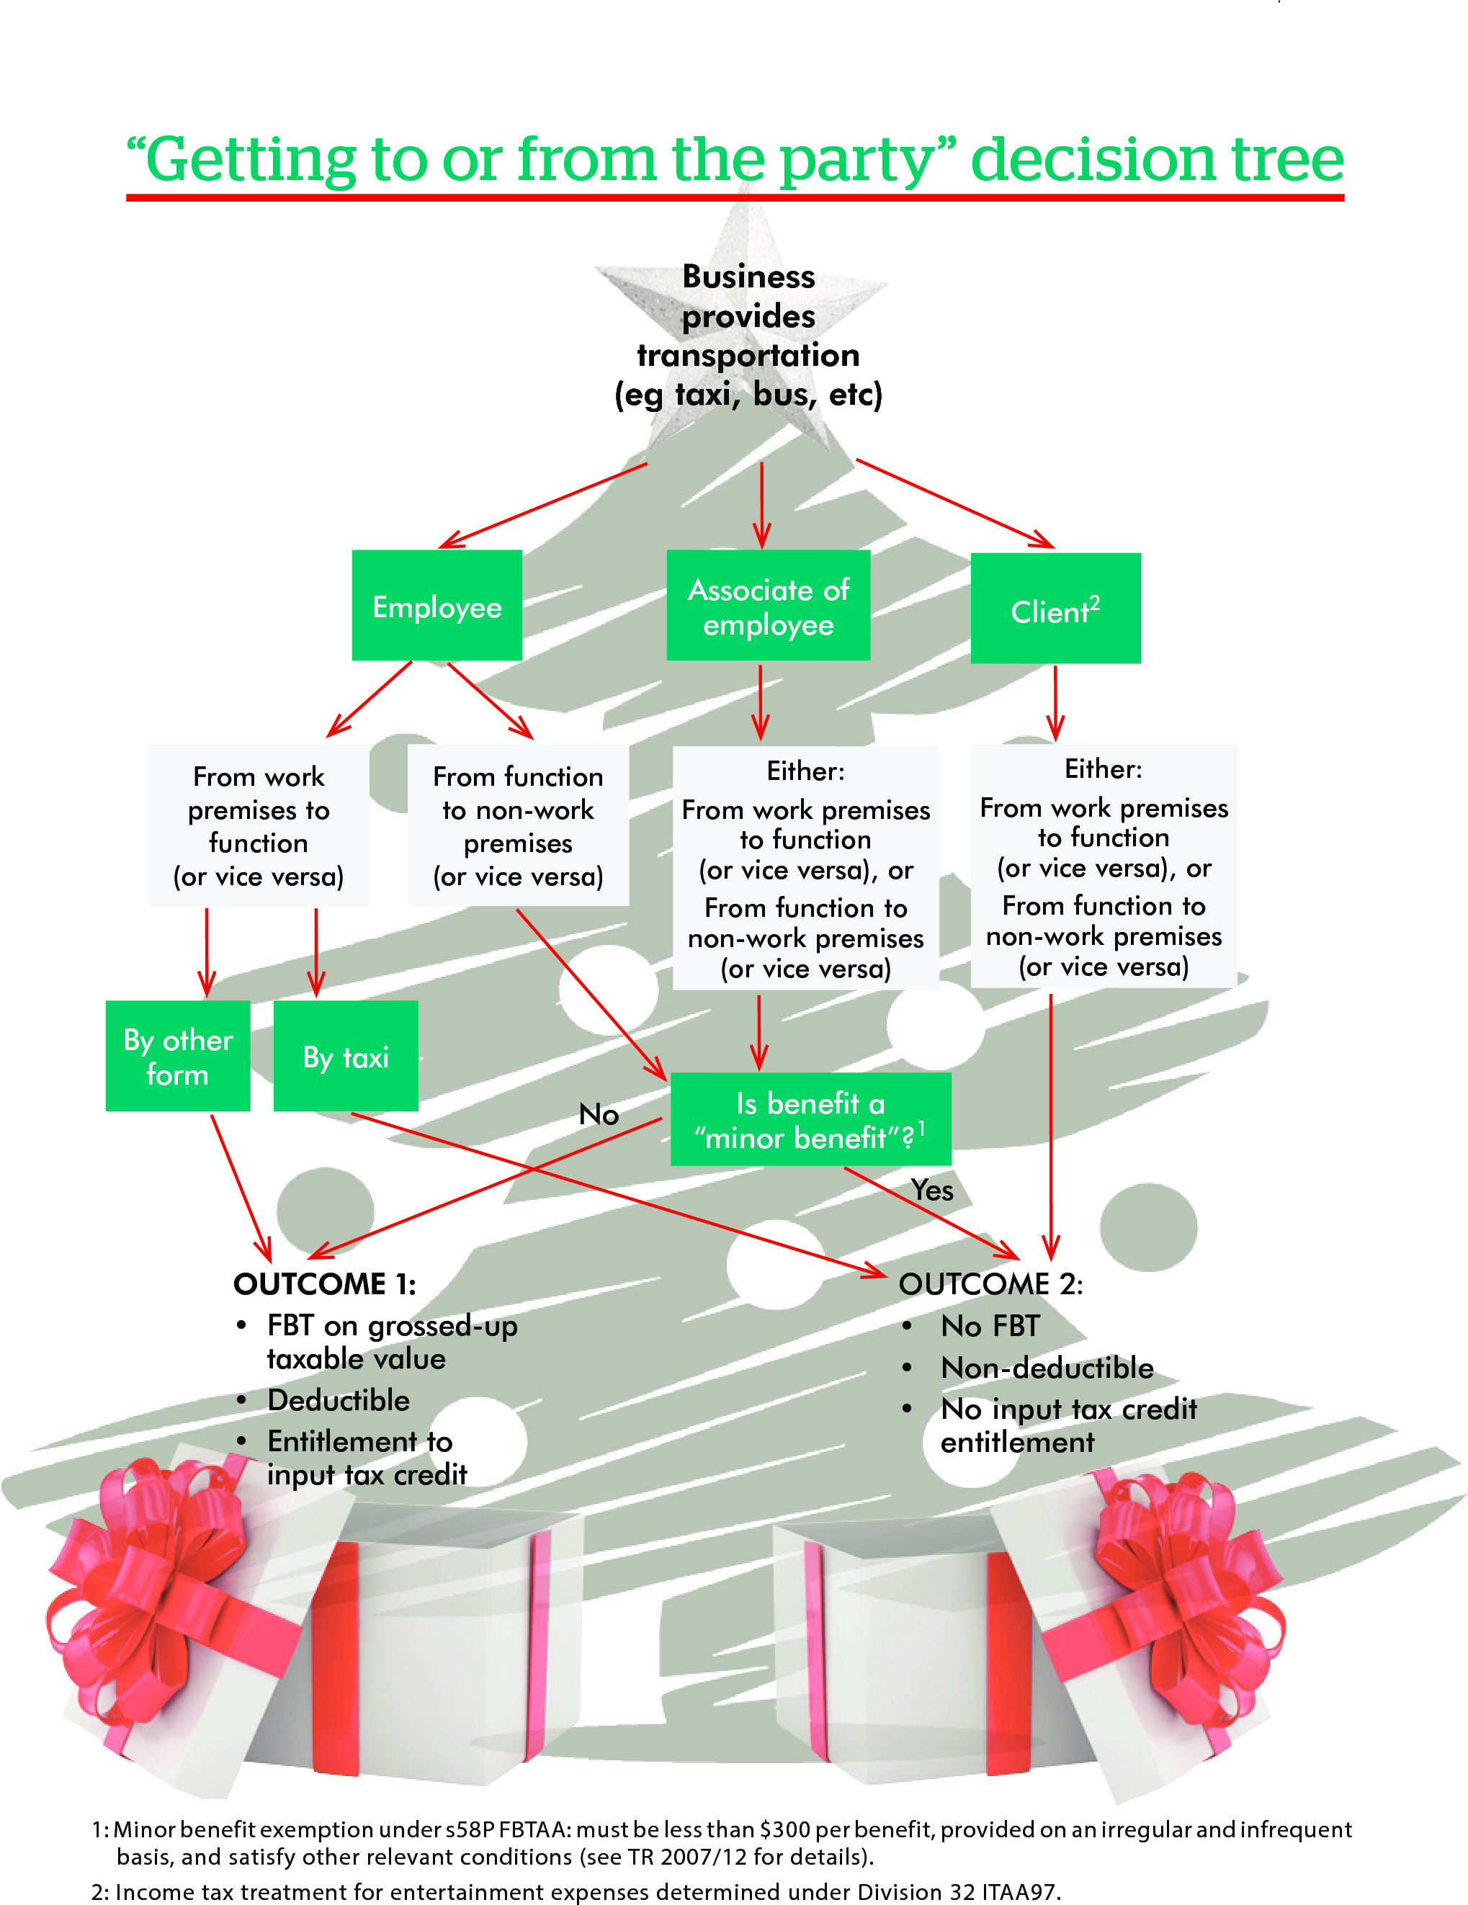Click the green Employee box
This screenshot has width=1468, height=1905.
[x=437, y=605]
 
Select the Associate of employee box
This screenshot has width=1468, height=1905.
[x=768, y=605]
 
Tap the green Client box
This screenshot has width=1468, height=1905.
[x=1055, y=609]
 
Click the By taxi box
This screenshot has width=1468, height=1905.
[x=346, y=1057]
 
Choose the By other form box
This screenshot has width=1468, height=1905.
[x=178, y=1057]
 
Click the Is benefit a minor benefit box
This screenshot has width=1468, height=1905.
[x=810, y=1120]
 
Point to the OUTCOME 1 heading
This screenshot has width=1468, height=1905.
[x=324, y=1284]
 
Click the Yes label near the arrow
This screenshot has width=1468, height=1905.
[x=931, y=1190]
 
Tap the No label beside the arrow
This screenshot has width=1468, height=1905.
[x=599, y=1114]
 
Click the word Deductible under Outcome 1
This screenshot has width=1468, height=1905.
[x=339, y=1400]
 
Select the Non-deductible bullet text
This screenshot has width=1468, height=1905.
[x=1047, y=1368]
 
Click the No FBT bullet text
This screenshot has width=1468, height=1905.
[x=990, y=1326]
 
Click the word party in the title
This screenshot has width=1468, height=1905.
[x=856, y=161]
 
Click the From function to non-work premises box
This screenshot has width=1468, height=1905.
[x=518, y=825]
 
